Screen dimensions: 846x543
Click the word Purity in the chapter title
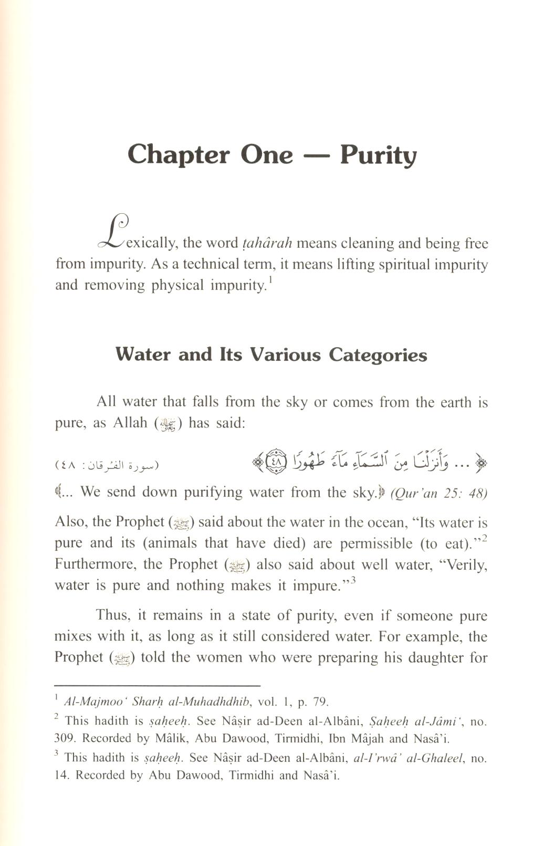[378, 155]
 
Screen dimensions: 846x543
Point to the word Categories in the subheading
[378, 356]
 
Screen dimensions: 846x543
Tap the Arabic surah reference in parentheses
[107, 465]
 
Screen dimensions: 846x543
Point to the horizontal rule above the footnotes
[158, 685]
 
